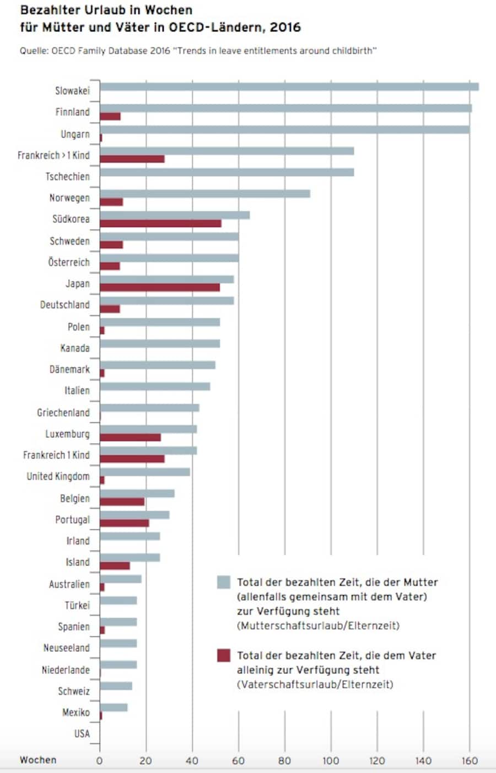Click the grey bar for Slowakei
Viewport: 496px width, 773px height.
click(x=289, y=86)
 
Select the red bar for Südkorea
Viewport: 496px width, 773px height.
click(x=160, y=224)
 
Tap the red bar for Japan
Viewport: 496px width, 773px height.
click(x=160, y=287)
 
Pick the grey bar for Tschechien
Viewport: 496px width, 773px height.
click(x=227, y=172)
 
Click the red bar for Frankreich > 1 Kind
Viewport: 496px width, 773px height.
click(x=132, y=159)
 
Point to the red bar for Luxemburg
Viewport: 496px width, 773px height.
click(x=131, y=438)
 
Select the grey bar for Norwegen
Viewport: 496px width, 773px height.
click(x=205, y=194)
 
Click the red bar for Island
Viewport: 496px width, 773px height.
click(x=115, y=566)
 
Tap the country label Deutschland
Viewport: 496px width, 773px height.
click(x=64, y=305)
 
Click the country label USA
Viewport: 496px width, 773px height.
click(x=82, y=734)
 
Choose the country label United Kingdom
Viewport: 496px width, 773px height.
click(x=58, y=477)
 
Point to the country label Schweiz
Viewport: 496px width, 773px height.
click(x=73, y=692)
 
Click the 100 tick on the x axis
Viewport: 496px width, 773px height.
click(x=331, y=761)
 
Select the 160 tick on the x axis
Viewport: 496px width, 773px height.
click(x=470, y=761)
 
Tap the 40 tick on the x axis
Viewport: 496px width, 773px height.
click(x=192, y=761)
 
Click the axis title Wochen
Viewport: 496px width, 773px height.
click(x=38, y=760)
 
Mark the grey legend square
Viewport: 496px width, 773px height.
click(x=224, y=583)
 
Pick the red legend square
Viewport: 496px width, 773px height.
click(x=224, y=656)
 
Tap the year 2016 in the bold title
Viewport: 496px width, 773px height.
click(x=285, y=27)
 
